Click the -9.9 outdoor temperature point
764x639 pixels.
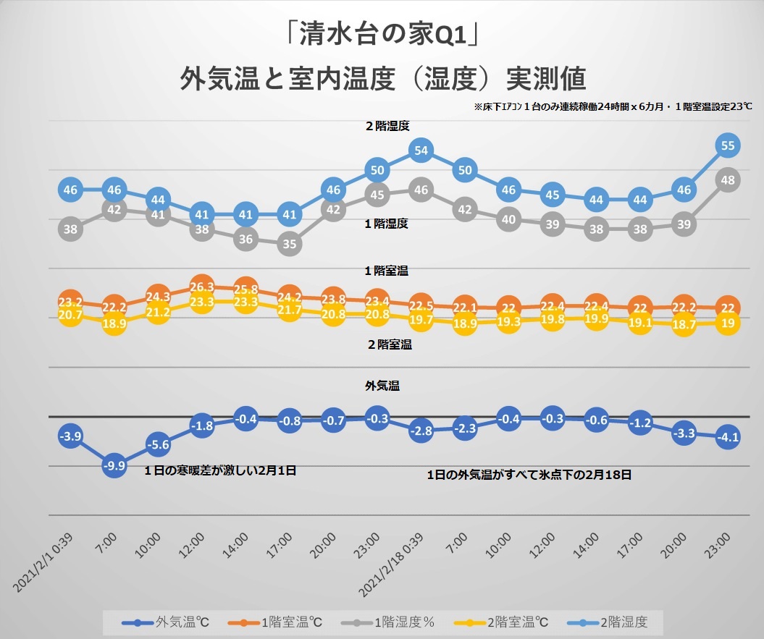114,465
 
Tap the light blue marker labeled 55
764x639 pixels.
728,145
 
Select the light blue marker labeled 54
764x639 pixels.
421,151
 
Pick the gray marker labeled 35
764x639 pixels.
290,244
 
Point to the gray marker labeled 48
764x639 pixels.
728,180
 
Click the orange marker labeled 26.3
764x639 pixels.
202,287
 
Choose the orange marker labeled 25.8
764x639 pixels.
245,289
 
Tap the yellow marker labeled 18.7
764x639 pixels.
684,324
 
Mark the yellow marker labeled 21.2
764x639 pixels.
158,312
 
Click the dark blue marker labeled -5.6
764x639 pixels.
158,444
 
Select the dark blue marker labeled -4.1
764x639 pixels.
728,437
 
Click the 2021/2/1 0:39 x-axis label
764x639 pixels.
43,562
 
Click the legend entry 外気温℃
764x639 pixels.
165,622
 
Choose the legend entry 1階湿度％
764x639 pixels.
387,622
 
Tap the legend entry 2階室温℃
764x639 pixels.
501,622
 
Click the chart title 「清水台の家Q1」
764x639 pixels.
382,34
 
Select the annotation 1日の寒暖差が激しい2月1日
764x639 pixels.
220,470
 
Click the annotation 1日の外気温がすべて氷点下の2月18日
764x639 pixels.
529,475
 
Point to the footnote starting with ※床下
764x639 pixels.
613,106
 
